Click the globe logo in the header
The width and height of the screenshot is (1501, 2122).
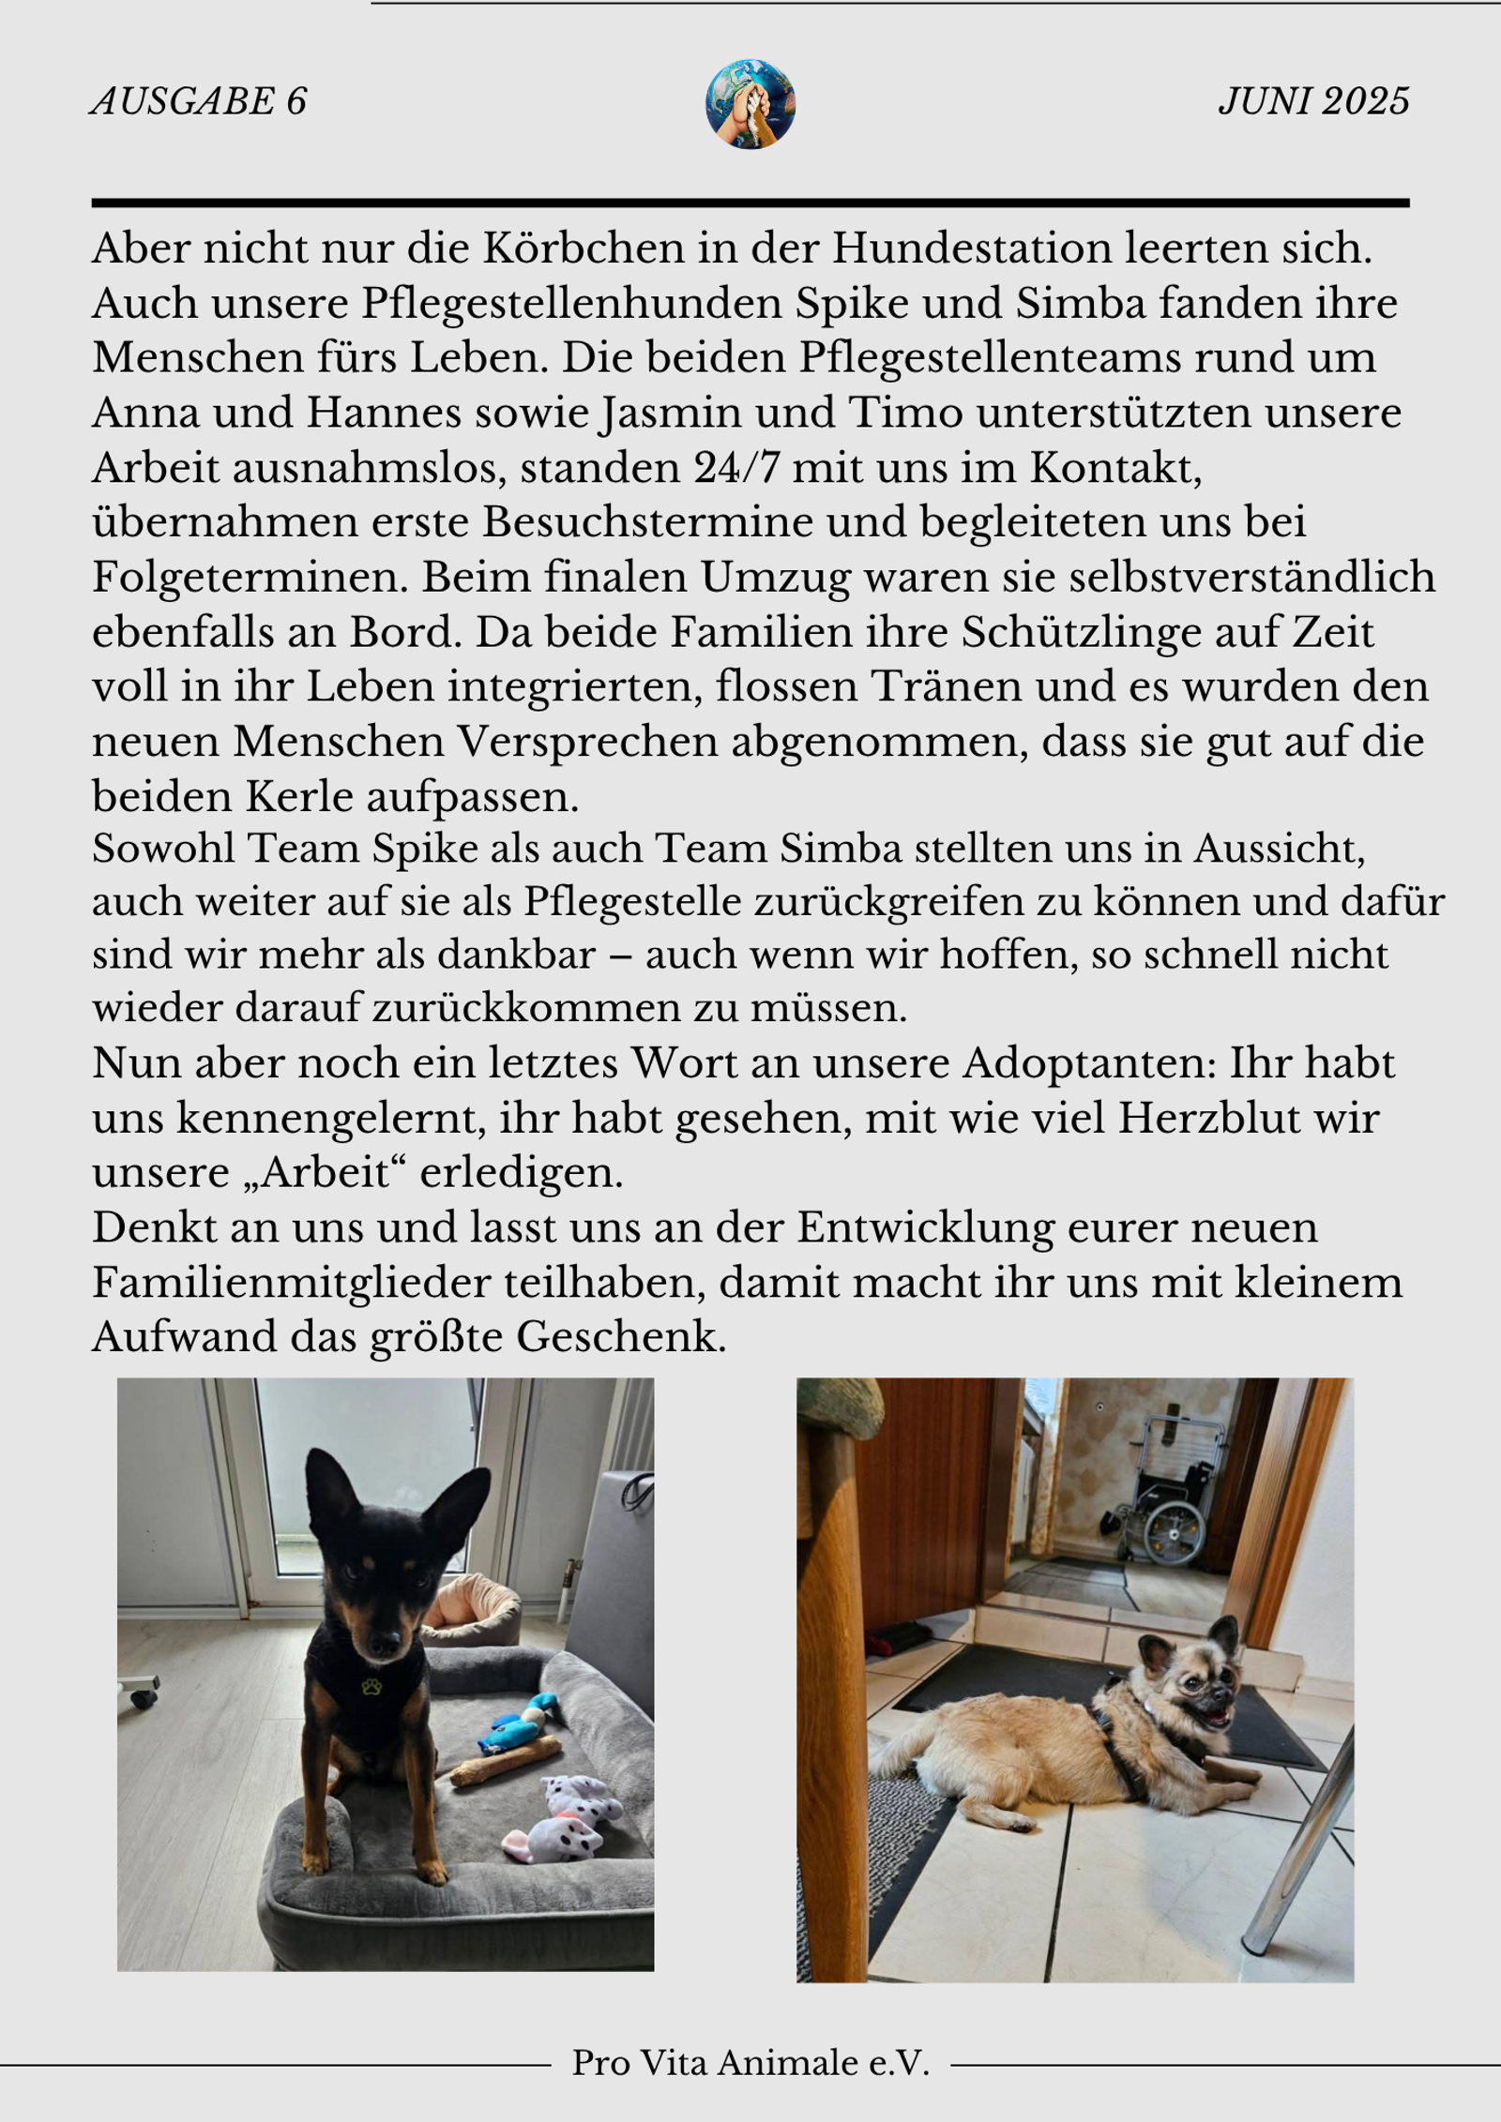tap(750, 104)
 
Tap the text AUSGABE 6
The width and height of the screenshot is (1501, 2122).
tap(199, 101)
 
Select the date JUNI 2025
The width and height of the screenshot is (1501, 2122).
tap(1313, 101)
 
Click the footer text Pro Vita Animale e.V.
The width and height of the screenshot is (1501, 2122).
tap(750, 2062)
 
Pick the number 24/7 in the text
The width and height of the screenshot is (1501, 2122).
tap(736, 468)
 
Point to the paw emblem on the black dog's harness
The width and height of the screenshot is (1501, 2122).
tap(371, 1687)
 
